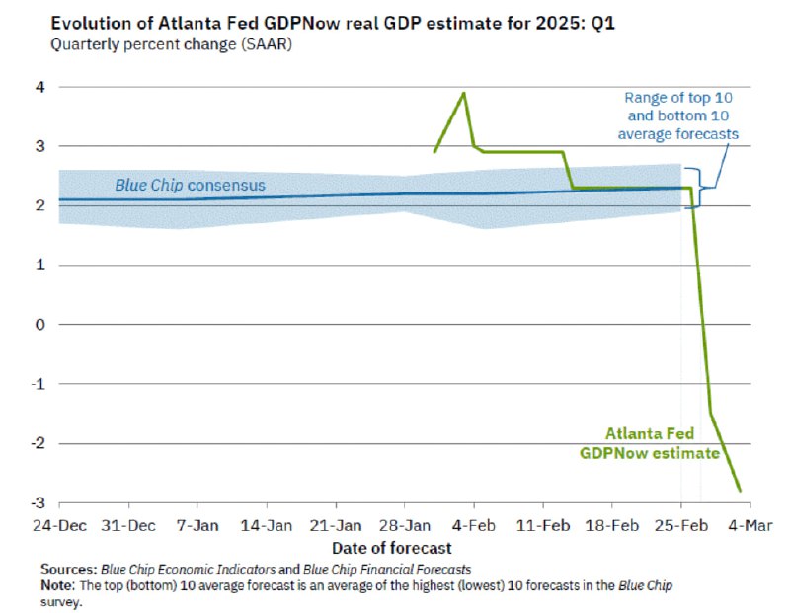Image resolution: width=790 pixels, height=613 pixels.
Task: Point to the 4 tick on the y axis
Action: tap(40, 87)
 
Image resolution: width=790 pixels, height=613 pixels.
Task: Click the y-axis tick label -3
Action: tap(38, 502)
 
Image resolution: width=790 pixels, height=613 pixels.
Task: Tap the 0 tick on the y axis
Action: tap(40, 324)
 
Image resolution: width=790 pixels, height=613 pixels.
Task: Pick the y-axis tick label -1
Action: tap(38, 384)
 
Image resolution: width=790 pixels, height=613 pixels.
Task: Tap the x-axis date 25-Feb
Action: tap(681, 523)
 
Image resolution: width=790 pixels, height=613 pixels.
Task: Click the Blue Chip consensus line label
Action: tap(190, 185)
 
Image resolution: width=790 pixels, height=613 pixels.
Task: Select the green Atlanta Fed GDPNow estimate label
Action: tap(649, 443)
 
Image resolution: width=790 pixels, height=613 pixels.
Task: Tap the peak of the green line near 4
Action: tap(464, 93)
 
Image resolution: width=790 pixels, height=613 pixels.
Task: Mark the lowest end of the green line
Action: tap(740, 491)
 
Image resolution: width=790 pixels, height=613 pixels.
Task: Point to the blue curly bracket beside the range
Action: tap(704, 186)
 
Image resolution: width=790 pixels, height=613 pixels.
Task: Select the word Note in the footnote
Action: tap(57, 585)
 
